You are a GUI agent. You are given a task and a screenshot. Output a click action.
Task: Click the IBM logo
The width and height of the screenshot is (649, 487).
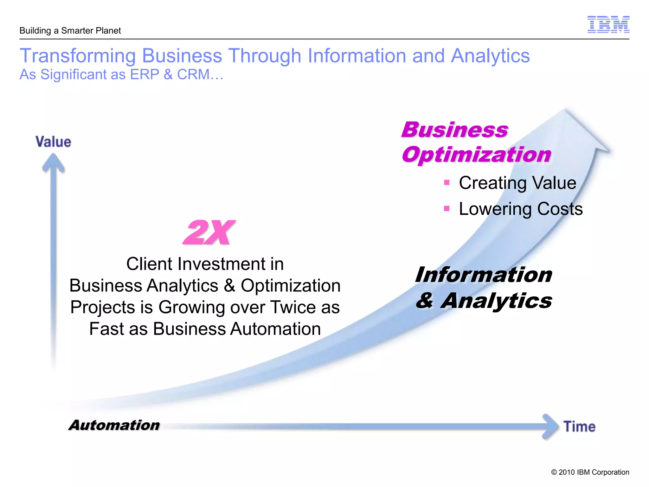point(608,24)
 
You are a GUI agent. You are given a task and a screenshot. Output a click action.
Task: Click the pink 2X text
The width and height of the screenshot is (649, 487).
point(209,232)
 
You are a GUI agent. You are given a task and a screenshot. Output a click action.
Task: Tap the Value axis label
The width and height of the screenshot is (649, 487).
point(53,142)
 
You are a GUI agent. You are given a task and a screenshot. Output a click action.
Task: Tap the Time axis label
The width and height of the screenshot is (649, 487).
point(579,427)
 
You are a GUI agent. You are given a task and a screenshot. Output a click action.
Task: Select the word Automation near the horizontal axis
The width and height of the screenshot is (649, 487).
point(114,425)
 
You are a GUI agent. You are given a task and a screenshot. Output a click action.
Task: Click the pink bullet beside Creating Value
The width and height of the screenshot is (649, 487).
point(447,182)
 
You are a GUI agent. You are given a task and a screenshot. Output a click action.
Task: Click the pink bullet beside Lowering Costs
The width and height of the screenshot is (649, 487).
point(447,208)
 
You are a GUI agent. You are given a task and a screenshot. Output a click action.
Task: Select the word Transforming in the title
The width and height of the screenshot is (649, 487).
point(78,56)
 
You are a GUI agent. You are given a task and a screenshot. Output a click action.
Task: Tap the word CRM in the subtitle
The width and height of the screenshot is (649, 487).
point(193,75)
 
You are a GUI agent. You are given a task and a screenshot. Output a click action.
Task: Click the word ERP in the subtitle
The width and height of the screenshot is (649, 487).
point(145,75)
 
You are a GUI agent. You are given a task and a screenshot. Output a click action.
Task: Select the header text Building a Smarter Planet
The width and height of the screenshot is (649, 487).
point(70,31)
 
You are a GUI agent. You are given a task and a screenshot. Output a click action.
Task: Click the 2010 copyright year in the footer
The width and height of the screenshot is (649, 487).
point(567,472)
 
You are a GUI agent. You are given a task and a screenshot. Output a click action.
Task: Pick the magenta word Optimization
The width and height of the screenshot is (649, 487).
point(476,155)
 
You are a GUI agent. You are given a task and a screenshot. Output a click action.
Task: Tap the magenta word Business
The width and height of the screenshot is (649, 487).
point(455,130)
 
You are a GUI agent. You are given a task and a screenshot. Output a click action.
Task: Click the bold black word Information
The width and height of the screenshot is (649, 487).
point(484,275)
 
